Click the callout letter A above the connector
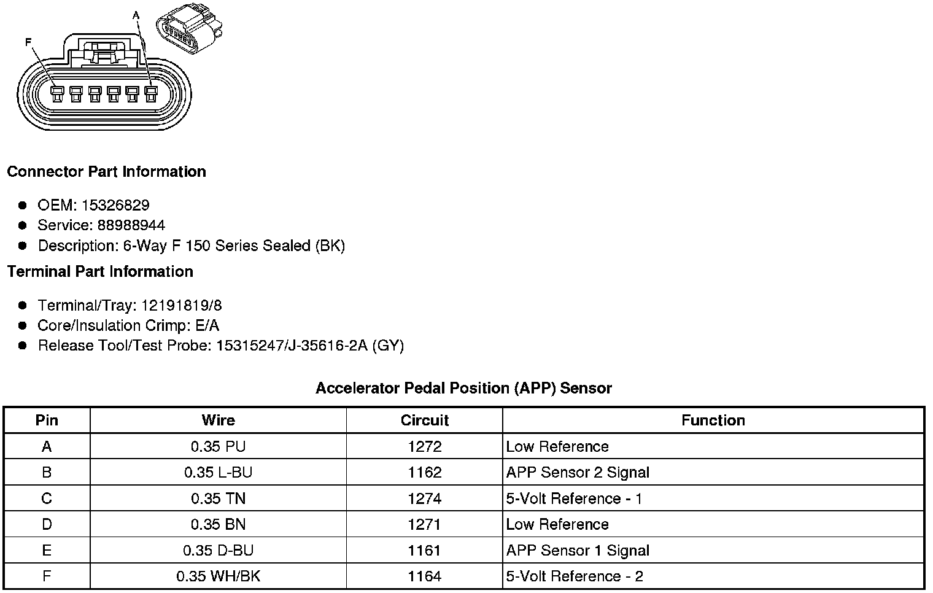[x=136, y=15]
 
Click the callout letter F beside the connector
[x=28, y=42]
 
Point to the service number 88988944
[x=131, y=225]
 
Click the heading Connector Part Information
[x=106, y=172]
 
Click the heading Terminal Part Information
[x=100, y=272]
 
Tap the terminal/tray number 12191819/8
[x=181, y=305]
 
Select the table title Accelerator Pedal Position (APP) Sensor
[x=463, y=388]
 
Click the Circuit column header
[x=424, y=421]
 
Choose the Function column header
[x=713, y=421]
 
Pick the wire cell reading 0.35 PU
[x=218, y=447]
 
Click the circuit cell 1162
[x=424, y=473]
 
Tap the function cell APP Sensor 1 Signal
[x=578, y=551]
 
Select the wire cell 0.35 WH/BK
[x=218, y=576]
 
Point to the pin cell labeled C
[x=47, y=498]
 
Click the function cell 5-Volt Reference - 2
[x=575, y=576]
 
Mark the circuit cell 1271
[x=424, y=525]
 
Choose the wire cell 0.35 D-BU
[x=218, y=551]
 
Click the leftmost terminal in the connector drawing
[x=57, y=93]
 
